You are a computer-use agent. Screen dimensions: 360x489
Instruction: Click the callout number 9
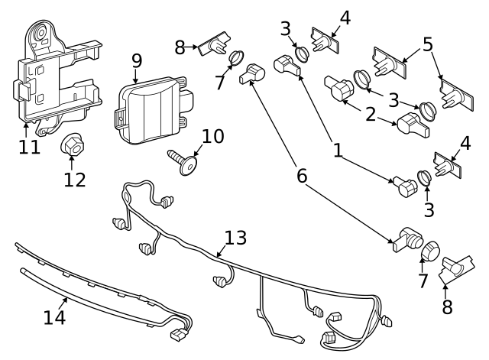[x=137, y=60]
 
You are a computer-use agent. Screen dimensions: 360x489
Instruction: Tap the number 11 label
[x=29, y=147]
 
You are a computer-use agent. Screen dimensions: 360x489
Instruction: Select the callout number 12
[x=75, y=180]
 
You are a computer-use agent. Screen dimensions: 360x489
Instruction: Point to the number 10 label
[x=213, y=137]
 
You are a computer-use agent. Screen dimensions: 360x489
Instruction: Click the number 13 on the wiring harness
[x=236, y=238]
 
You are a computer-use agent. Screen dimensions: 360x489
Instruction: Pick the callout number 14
[x=54, y=316]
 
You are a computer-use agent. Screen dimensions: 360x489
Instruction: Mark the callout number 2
[x=370, y=115]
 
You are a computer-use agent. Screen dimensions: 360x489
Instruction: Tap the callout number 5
[x=428, y=44]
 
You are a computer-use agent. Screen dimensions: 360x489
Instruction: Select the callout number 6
[x=302, y=176]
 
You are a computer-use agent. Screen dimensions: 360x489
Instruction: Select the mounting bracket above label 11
[x=53, y=73]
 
